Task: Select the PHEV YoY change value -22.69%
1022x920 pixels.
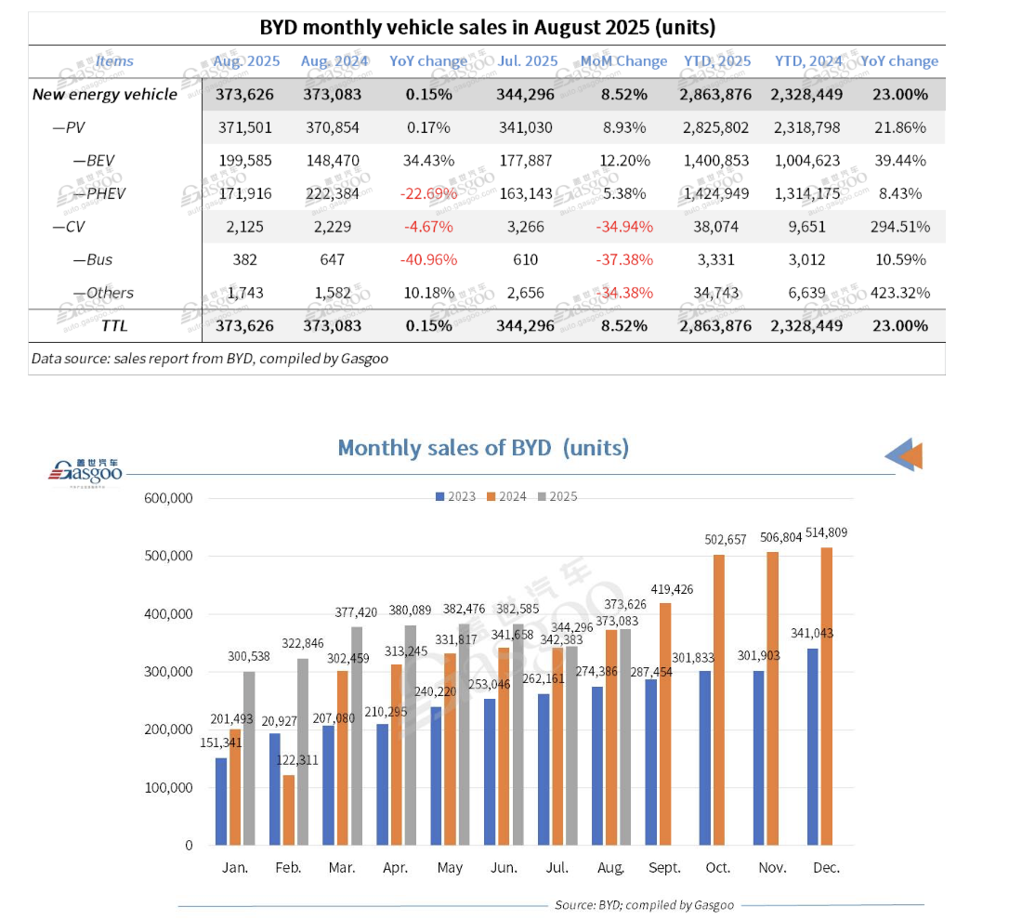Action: point(428,193)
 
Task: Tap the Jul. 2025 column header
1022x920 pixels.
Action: point(528,61)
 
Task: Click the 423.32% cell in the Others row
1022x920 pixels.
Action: point(899,293)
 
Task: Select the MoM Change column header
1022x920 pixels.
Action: point(623,61)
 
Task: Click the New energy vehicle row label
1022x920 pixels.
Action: point(104,94)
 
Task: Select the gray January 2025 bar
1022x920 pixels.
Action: point(248,757)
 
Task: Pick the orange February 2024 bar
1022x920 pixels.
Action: point(289,809)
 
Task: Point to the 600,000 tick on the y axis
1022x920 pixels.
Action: point(168,498)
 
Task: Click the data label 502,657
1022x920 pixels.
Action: point(718,541)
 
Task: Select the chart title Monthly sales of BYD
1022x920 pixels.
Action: point(482,448)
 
